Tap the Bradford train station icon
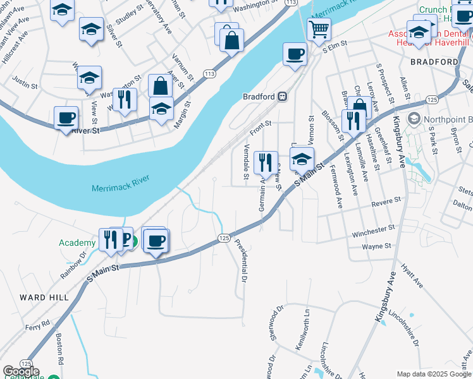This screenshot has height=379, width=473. [x=283, y=97]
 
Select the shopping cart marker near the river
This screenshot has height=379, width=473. [x=319, y=28]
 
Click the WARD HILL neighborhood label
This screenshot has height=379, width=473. [x=41, y=297]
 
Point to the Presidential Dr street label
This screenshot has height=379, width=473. [x=241, y=260]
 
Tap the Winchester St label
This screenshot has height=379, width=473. [x=373, y=228]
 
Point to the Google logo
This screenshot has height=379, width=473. [x=21, y=371]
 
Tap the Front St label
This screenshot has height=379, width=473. [x=260, y=126]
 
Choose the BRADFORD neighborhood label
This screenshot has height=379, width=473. [x=434, y=62]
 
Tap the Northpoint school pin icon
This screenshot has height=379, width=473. [x=414, y=118]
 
